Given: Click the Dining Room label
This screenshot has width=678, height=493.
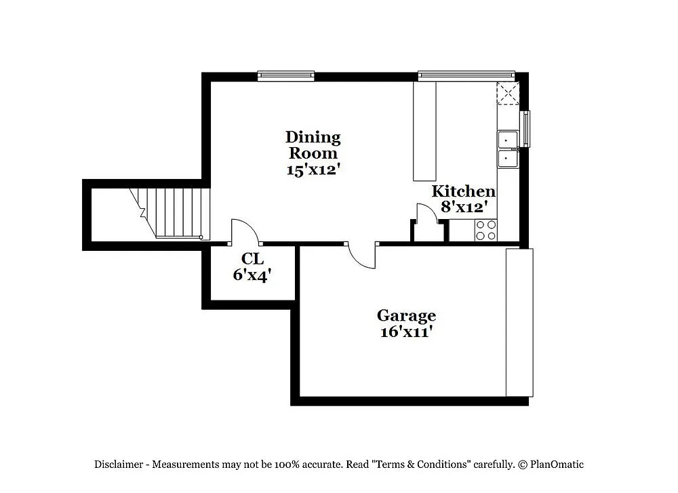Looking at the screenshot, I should click(313, 145).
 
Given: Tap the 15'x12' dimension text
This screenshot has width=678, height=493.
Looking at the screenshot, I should click(313, 170).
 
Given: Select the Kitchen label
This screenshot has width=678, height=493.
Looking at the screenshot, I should click(464, 191).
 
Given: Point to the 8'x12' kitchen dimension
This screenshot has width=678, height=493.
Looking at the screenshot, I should click(464, 207).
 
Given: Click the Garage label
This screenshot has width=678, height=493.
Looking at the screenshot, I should click(406, 315).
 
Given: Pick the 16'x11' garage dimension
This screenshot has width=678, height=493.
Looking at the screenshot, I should click(406, 332).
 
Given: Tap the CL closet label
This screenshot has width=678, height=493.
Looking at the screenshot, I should click(252, 258).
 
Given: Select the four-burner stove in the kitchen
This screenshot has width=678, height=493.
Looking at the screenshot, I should click(485, 230).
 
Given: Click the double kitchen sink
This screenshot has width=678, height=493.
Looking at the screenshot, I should click(507, 149).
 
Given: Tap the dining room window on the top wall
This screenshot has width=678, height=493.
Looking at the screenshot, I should click(286, 75).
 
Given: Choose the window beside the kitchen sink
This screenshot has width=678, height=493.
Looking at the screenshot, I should click(525, 128).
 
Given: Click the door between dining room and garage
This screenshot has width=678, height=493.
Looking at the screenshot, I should click(362, 256).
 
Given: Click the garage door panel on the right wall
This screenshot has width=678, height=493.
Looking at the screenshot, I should click(519, 322).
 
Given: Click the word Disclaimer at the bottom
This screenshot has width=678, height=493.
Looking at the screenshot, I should click(118, 465).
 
